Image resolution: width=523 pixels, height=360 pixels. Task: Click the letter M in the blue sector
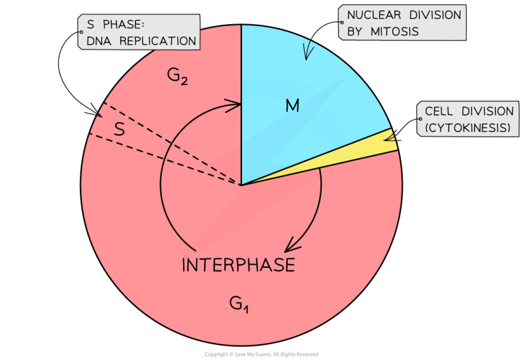(x=292, y=105)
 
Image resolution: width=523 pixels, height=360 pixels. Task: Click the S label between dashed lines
(x=120, y=129)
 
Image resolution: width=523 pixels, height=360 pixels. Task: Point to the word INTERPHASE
(x=238, y=265)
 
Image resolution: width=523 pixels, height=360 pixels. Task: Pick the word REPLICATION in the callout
(x=163, y=41)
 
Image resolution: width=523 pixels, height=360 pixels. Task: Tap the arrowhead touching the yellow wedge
(x=390, y=137)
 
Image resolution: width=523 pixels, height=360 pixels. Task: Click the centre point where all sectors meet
(x=241, y=185)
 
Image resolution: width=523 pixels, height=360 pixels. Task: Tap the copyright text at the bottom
(x=261, y=354)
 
